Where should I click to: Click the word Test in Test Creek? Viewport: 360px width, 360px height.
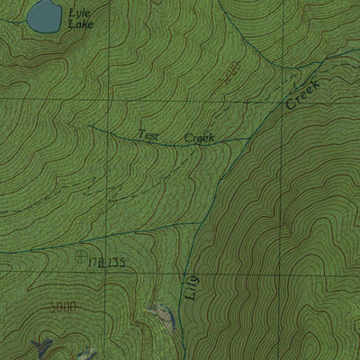tap(148, 135)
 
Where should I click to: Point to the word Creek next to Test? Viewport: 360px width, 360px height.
tap(199, 138)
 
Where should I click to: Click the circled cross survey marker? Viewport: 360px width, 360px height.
tap(83, 258)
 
